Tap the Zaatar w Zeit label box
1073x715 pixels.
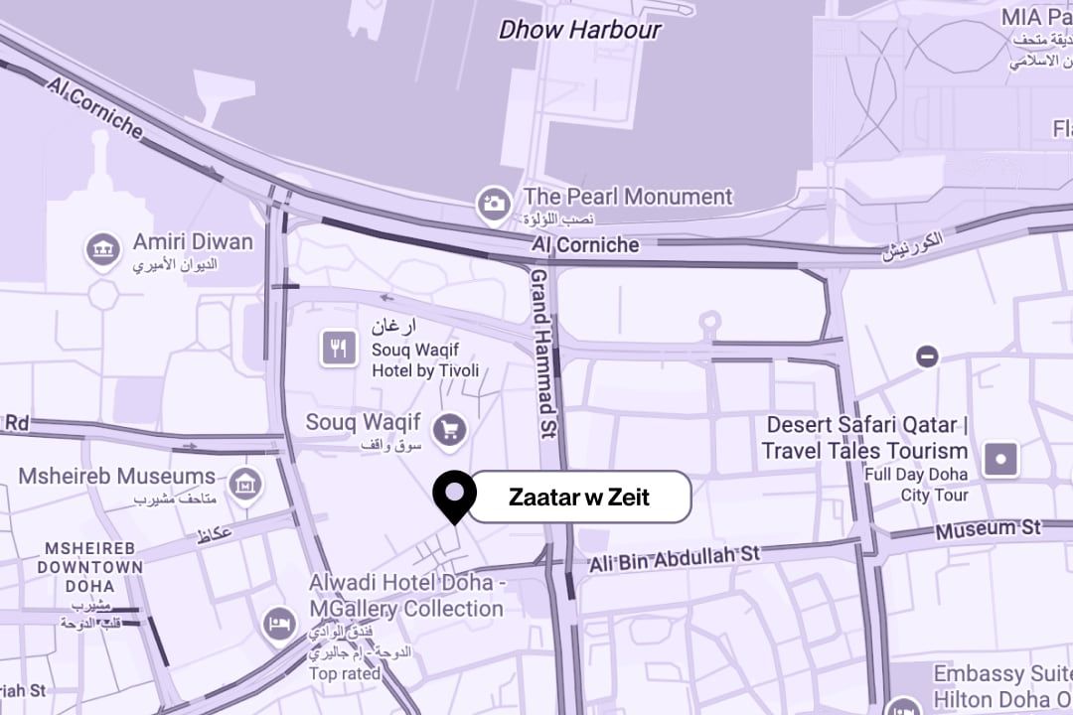[x=579, y=497]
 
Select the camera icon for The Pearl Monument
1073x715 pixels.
[x=494, y=205]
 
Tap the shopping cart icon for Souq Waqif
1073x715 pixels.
[x=450, y=429]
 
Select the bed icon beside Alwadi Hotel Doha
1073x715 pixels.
[x=280, y=625]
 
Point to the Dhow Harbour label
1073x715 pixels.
[x=579, y=30]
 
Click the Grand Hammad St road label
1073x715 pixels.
[x=542, y=354]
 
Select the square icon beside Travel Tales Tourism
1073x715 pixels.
[x=1000, y=460]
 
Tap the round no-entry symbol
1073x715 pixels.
[x=927, y=356]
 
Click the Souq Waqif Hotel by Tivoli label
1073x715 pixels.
[x=425, y=359]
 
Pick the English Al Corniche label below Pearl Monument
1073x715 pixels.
[x=585, y=244]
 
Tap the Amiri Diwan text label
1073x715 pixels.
[x=193, y=241]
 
